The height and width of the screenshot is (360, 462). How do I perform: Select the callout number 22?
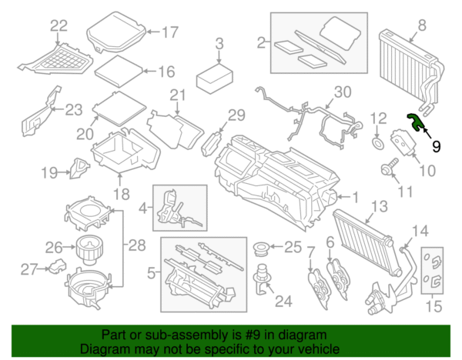tap(59, 26)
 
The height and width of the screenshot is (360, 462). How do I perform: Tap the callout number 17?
tap(169, 32)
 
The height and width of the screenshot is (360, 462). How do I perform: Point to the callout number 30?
tap(342, 92)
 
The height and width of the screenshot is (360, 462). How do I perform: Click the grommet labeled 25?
tap(261, 248)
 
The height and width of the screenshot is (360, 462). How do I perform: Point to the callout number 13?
tap(378, 207)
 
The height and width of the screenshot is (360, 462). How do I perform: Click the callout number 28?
tap(136, 246)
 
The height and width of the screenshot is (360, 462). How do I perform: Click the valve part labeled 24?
tap(264, 278)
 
